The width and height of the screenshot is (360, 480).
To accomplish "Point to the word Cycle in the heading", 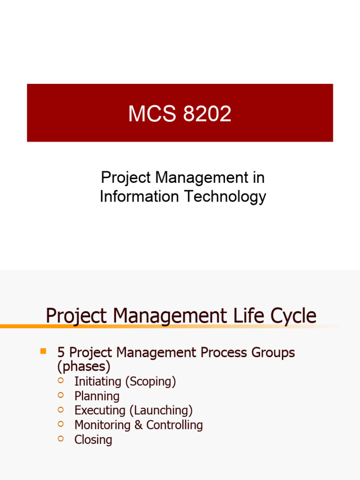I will coord(295,316).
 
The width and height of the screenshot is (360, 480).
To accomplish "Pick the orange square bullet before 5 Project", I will coord(44,351).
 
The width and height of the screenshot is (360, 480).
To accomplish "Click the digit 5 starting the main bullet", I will coord(60,352).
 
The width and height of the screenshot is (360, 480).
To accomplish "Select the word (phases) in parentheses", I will coord(84,367).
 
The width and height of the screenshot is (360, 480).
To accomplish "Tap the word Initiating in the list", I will coord(98,382).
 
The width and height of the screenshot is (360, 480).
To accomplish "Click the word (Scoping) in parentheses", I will coord(150,382).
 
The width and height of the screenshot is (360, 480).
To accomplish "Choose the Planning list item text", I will coord(97,397).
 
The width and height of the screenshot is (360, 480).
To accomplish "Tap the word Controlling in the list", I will coord(174,425).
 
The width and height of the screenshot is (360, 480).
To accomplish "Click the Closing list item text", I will coord(93,440).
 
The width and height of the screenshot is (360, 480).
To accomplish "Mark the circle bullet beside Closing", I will coord(60,438).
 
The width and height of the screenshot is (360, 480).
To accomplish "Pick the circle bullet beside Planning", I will coord(60,395).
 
